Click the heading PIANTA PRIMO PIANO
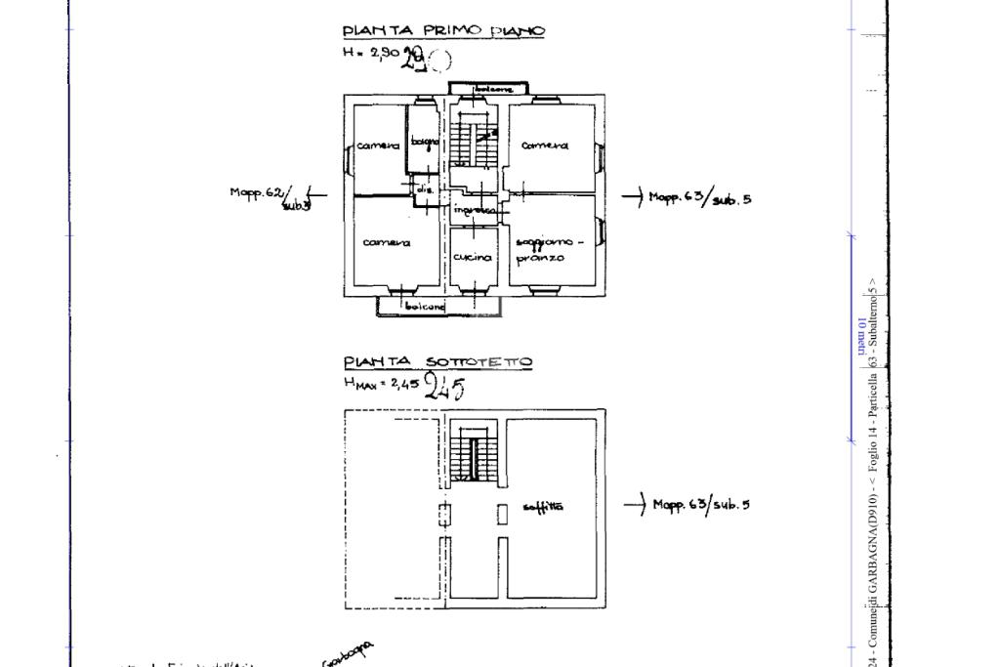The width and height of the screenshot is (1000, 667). [443, 31]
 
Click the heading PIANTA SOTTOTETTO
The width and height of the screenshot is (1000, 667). [437, 362]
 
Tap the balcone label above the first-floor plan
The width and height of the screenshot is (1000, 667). [493, 89]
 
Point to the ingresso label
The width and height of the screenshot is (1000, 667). [475, 210]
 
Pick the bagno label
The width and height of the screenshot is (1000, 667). [424, 144]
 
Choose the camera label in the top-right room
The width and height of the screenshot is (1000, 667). [545, 146]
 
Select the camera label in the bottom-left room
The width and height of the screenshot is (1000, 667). [387, 242]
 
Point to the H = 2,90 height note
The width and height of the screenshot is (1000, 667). [371, 54]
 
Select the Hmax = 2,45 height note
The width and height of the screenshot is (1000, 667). [381, 384]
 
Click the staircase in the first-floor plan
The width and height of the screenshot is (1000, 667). [475, 146]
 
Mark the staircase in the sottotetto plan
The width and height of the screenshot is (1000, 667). [475, 452]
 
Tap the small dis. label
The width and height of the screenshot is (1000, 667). [425, 190]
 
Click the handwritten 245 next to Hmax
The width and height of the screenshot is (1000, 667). [445, 388]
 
